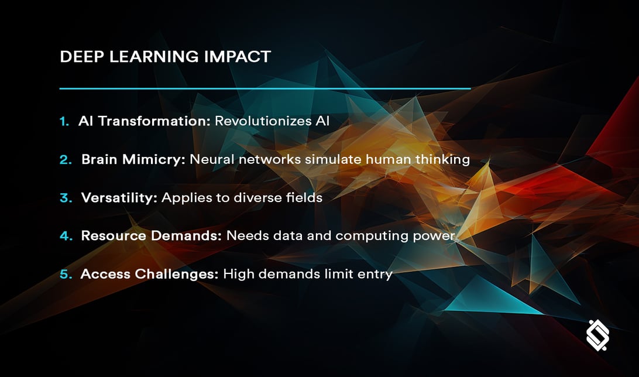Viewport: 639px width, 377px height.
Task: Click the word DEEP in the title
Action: tap(79, 56)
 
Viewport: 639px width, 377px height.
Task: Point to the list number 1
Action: tap(64, 121)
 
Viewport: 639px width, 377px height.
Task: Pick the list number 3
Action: tap(65, 197)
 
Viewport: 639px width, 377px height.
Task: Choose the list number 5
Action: tap(65, 273)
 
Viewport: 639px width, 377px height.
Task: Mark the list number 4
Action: tap(65, 235)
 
